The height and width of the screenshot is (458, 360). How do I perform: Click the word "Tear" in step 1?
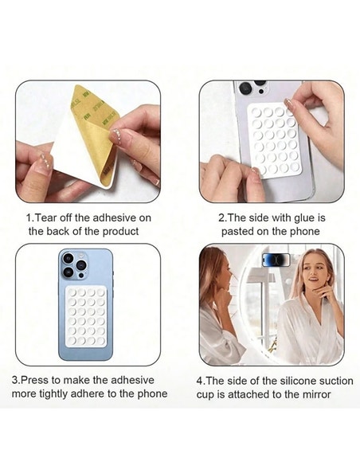pyautogui.click(x=50, y=217)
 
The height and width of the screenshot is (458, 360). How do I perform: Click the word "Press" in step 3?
pyautogui.click(x=39, y=380)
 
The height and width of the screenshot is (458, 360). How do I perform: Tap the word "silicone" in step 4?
pyautogui.click(x=280, y=380)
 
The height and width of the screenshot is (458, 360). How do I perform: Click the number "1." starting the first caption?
pyautogui.click(x=30, y=217)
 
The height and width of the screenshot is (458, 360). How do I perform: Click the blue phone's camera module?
pyautogui.click(x=73, y=265)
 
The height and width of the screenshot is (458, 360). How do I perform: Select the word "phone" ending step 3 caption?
pyautogui.click(x=151, y=393)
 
